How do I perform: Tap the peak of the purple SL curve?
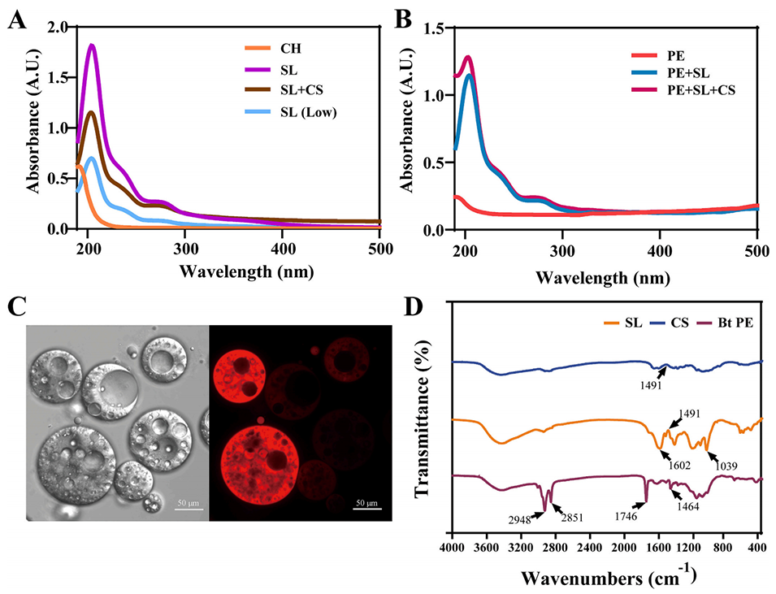(x=91, y=46)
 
